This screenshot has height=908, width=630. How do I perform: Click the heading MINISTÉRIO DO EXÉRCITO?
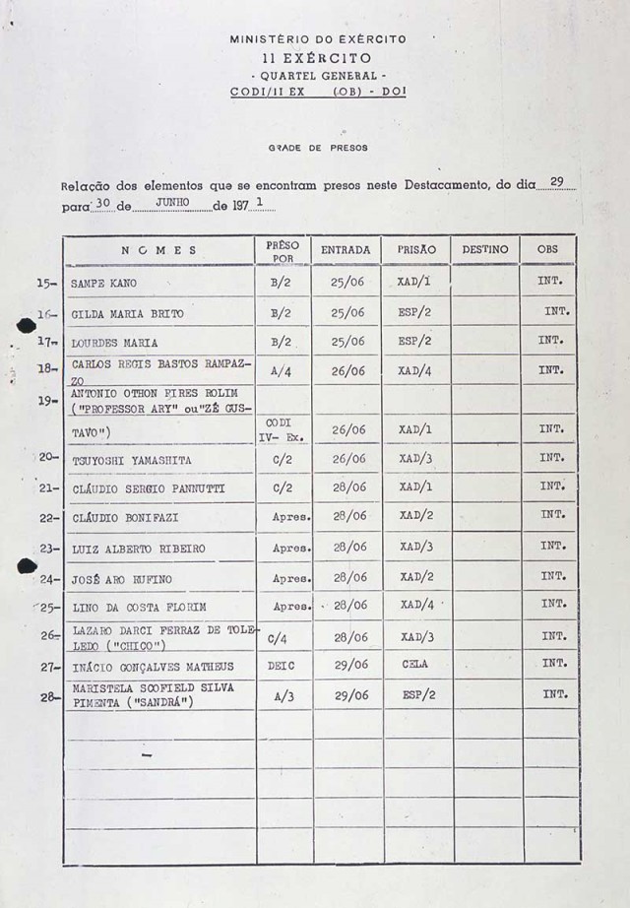[318, 39]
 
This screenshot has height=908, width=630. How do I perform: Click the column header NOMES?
[159, 250]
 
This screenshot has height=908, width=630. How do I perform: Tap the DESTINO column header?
[485, 250]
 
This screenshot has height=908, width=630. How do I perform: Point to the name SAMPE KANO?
[103, 284]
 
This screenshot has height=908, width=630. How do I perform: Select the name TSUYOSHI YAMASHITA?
[131, 460]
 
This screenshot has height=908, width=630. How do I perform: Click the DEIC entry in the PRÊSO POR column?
[281, 666]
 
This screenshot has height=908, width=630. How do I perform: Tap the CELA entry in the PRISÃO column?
[415, 665]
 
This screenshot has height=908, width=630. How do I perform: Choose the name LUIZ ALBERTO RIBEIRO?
[139, 548]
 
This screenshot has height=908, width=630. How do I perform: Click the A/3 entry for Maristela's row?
[282, 695]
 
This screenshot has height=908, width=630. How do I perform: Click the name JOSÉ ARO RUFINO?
[123, 578]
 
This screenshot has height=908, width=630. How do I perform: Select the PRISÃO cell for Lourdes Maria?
[415, 342]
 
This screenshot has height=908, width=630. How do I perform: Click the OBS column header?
[547, 250]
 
